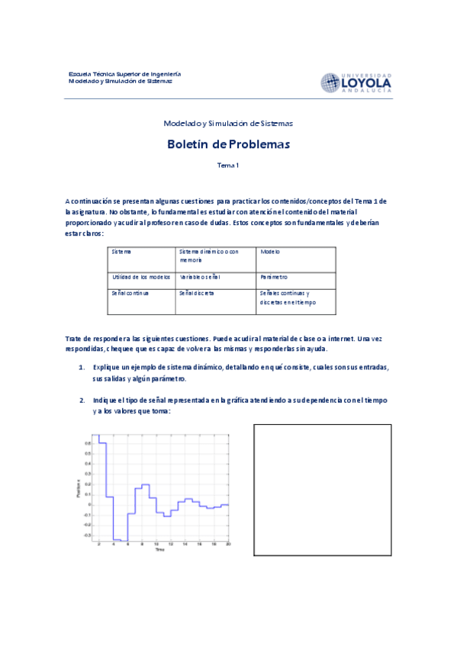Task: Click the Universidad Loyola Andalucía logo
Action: coord(356,82)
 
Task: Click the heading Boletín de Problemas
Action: coord(228,143)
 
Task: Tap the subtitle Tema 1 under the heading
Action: coord(228,165)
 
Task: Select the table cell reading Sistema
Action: coord(121,251)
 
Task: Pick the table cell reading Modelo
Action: coord(270,251)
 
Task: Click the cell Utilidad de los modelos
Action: coord(140,277)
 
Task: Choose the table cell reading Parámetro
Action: coord(273,277)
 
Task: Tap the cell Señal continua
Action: coord(130,292)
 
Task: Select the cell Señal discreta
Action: coord(196,292)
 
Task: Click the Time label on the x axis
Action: coord(159,549)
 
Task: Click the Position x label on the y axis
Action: coord(79,488)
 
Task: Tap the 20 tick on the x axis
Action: coord(228,543)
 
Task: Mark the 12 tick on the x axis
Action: coord(170,543)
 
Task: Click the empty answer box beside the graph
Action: coord(322,490)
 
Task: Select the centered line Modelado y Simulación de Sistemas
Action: coord(228,123)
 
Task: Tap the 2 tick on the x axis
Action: coord(98,543)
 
